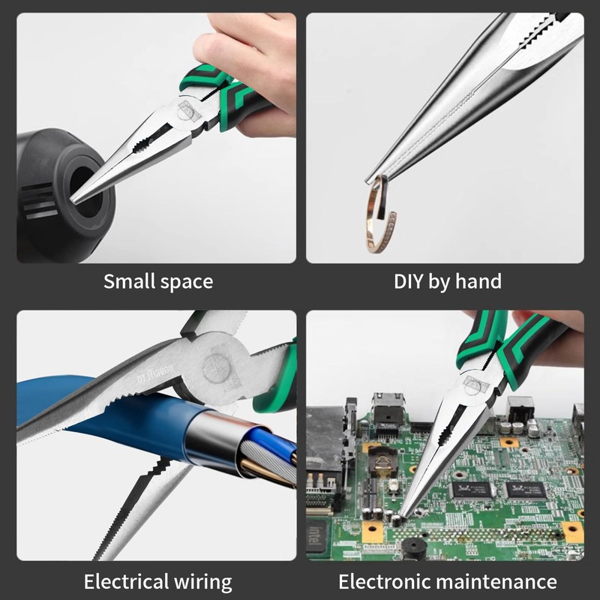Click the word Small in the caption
(130, 282)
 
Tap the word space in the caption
(185, 283)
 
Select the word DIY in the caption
(409, 282)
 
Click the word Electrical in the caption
(127, 581)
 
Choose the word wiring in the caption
(204, 583)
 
